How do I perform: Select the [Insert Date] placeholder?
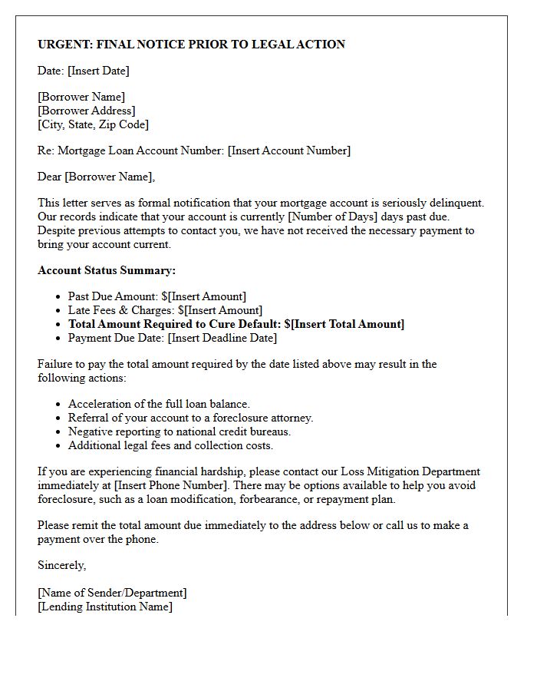(x=98, y=71)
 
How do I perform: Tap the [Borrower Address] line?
(x=87, y=111)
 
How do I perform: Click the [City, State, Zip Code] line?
(x=93, y=124)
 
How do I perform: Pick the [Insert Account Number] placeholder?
(x=289, y=150)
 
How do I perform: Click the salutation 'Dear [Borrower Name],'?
(x=96, y=177)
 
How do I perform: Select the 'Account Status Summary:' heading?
(x=107, y=270)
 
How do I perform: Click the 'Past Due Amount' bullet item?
(x=157, y=296)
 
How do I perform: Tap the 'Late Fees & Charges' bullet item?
(x=165, y=310)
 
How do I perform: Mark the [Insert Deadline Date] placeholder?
(x=222, y=338)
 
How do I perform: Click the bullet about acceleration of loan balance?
(x=159, y=404)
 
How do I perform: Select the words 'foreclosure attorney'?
(x=264, y=418)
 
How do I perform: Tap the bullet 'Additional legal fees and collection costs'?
(x=170, y=445)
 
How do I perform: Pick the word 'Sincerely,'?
(x=62, y=565)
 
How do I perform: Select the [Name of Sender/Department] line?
(x=112, y=593)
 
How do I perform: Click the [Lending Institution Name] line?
(x=105, y=607)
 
